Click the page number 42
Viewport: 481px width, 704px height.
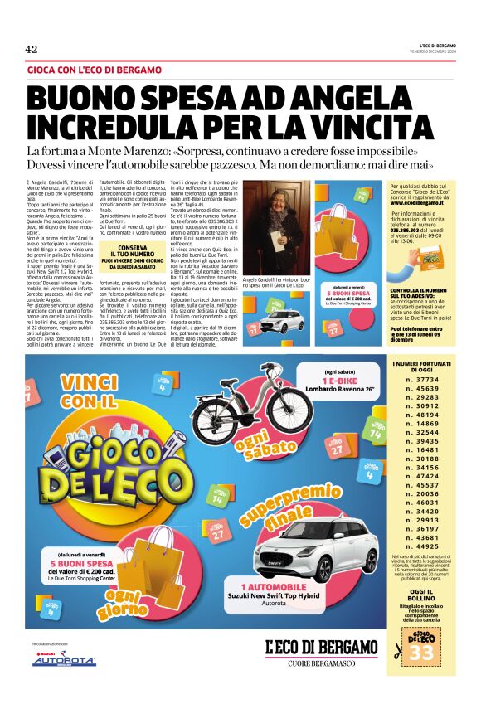click(x=32, y=50)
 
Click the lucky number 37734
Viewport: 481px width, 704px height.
click(x=429, y=401)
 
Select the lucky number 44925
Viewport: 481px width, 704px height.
click(x=429, y=546)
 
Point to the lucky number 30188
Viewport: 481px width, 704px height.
click(x=429, y=459)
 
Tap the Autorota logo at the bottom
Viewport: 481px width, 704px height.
click(x=64, y=660)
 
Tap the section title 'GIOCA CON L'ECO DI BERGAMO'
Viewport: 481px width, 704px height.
click(x=95, y=70)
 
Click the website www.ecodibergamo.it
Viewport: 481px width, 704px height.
click(x=420, y=201)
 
